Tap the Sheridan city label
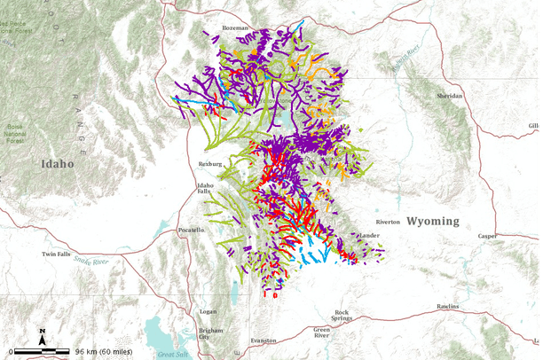pyautogui.click(x=449, y=95)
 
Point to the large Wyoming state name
pyautogui.click(x=432, y=221)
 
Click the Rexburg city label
pyautogui.click(x=209, y=164)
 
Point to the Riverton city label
pyautogui.click(x=388, y=222)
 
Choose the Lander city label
pyautogui.click(x=368, y=236)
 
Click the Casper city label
pyautogui.click(x=487, y=236)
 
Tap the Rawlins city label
pyautogui.click(x=448, y=306)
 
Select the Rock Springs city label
pyautogui.click(x=342, y=315)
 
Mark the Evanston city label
pyautogui.click(x=264, y=340)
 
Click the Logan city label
pyautogui.click(x=208, y=311)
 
